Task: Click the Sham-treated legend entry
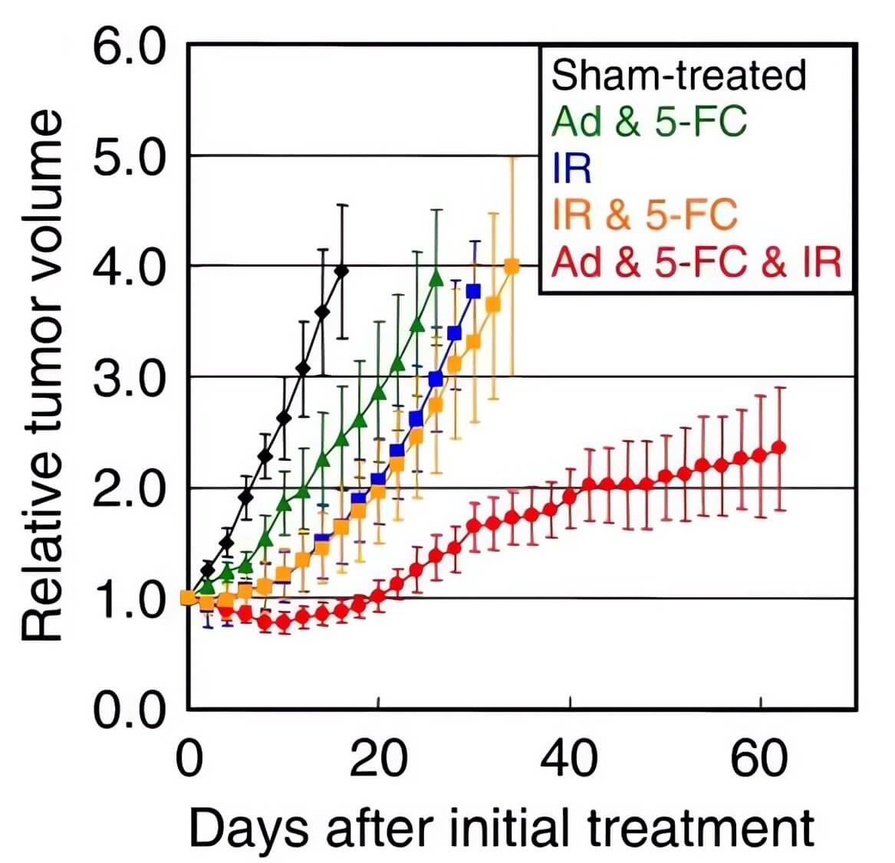point(679,75)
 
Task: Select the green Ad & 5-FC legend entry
point(649,121)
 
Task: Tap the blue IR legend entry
point(572,168)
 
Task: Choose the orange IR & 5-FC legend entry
point(644,215)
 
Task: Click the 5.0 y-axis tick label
point(130,157)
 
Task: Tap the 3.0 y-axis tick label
point(130,378)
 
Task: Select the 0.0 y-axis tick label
point(130,710)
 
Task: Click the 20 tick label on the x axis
point(379,759)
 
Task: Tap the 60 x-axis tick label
point(759,759)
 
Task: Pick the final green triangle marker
point(436,278)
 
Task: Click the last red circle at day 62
point(778,448)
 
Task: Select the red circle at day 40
point(570,497)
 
